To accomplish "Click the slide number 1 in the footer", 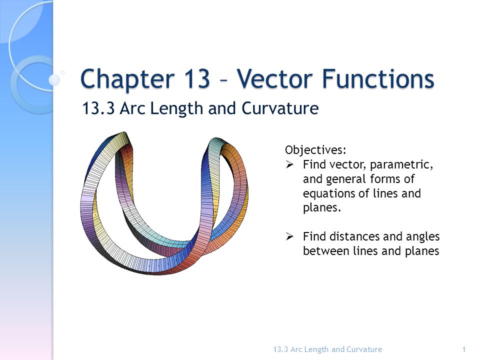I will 464,349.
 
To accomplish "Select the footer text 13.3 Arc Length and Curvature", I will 328,349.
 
